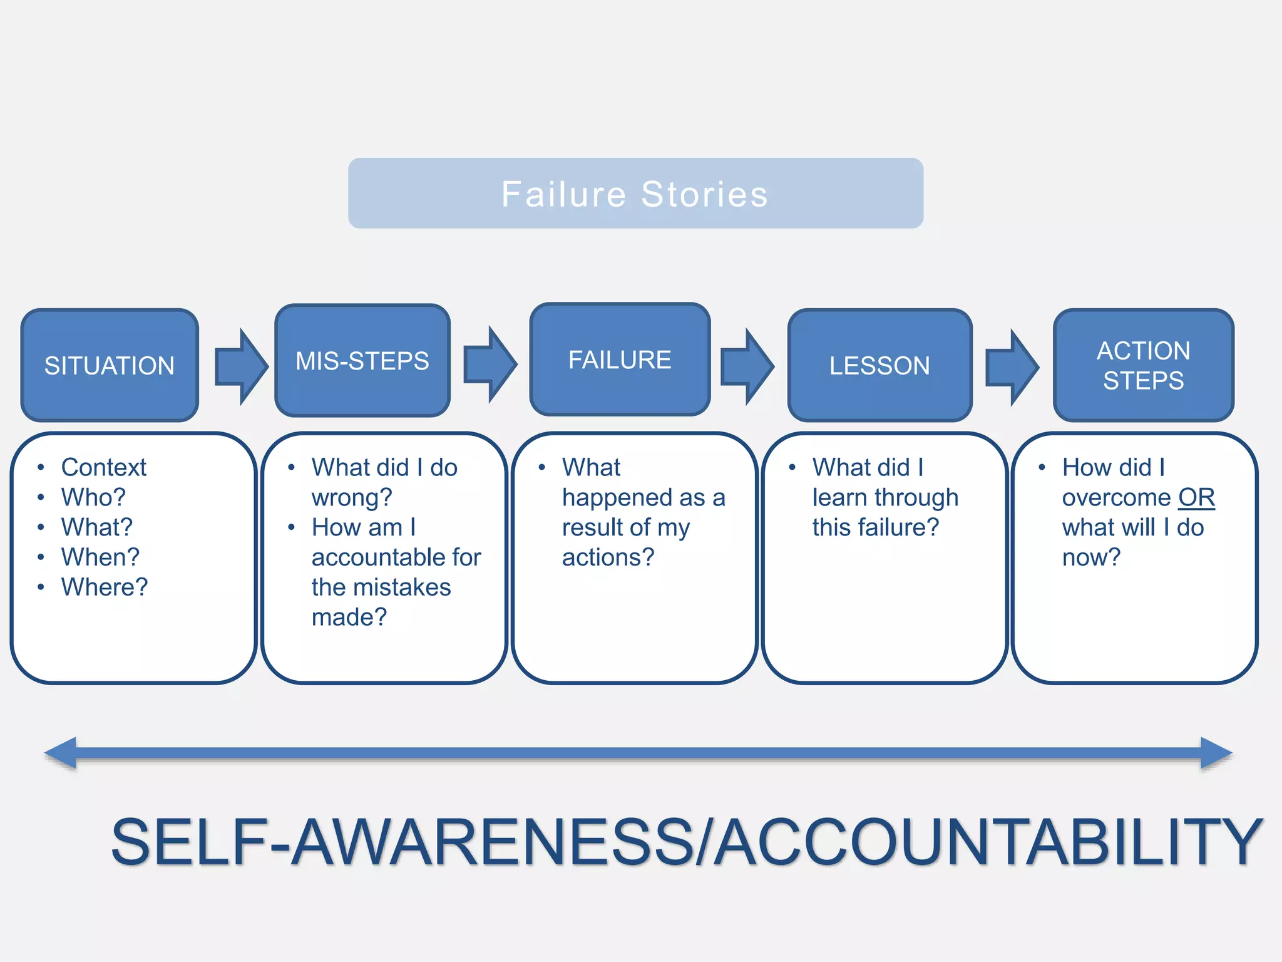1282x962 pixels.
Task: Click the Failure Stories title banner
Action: click(x=635, y=194)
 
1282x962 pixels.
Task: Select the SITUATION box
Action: click(x=110, y=365)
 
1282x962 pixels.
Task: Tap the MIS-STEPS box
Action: click(x=362, y=361)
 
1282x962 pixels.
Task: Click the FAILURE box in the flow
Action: click(x=620, y=359)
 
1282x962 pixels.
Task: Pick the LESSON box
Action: click(x=879, y=365)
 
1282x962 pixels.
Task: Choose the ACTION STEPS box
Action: click(x=1143, y=365)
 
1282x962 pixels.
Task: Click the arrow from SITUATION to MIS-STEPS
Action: click(x=241, y=367)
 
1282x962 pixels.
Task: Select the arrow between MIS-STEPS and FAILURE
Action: click(x=490, y=364)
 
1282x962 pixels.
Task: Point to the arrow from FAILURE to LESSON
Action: click(x=747, y=367)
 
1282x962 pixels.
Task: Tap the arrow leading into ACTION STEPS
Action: click(x=1012, y=368)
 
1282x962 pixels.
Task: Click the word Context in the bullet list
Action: click(x=104, y=467)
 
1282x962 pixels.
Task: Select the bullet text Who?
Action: click(x=93, y=497)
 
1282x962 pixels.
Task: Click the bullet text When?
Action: click(x=100, y=557)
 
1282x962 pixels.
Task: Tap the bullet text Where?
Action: click(x=105, y=587)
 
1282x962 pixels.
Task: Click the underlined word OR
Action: click(x=1196, y=498)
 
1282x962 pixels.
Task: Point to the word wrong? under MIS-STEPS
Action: click(x=352, y=498)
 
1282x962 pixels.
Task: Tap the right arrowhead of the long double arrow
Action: click(x=1215, y=753)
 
